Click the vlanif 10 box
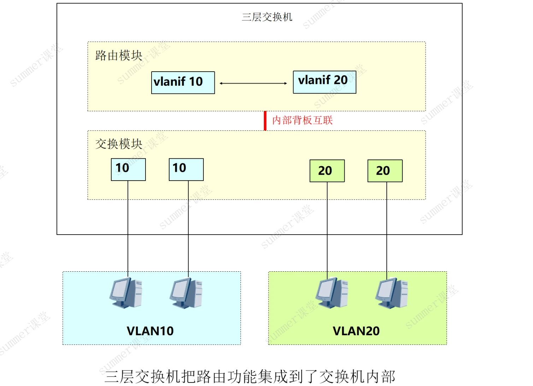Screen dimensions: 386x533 tap(183, 83)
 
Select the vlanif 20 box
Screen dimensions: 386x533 tap(324, 82)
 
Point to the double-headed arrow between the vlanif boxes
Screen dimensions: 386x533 tap(253, 83)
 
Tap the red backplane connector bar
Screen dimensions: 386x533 tap(265, 121)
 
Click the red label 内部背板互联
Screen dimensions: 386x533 tap(302, 120)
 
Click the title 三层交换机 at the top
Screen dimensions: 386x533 tap(267, 17)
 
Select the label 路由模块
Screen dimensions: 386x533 tap(119, 55)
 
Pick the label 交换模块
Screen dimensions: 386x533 tap(119, 144)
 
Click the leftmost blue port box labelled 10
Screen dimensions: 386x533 tap(128, 169)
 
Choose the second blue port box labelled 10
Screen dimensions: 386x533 tap(186, 169)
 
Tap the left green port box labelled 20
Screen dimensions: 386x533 tap(327, 171)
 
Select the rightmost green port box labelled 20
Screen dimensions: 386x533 tap(385, 171)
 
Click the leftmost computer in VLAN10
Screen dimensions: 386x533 tap(126, 293)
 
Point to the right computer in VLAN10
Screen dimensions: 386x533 tap(186, 293)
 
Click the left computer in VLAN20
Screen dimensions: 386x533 tap(332, 293)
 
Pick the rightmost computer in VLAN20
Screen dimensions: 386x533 tap(392, 293)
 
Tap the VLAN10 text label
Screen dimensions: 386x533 tap(150, 331)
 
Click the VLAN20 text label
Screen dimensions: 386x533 tap(356, 331)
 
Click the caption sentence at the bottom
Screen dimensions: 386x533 tap(250, 376)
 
